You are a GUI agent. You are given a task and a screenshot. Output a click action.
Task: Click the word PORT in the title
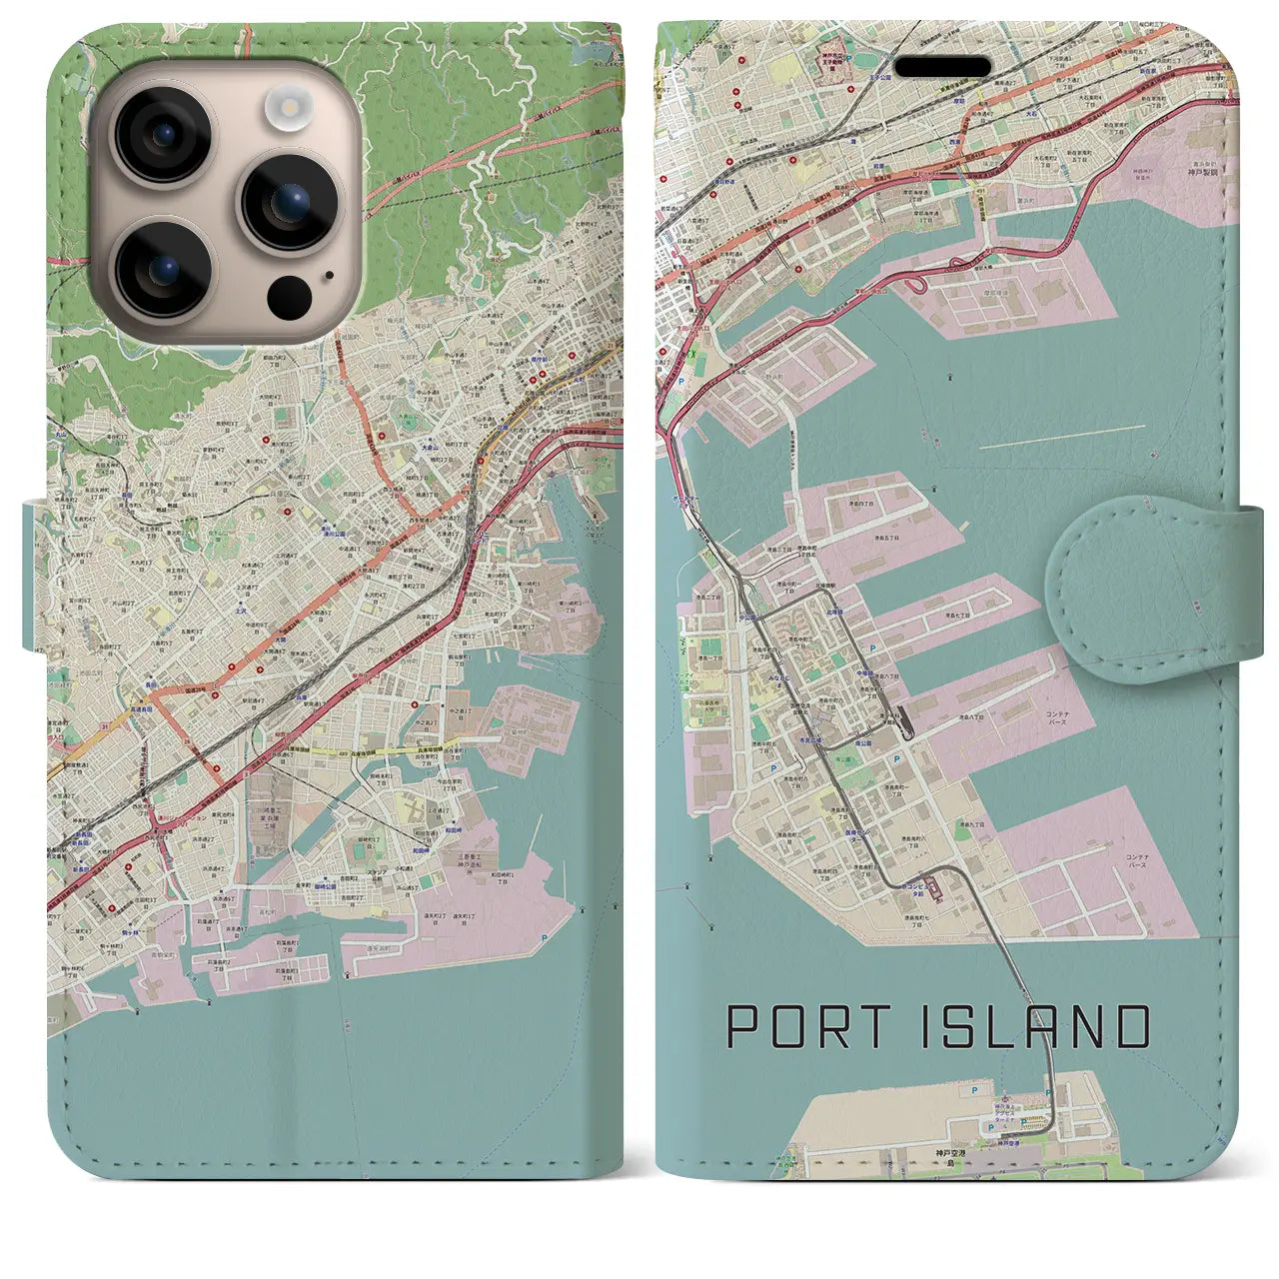pos(800,1027)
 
